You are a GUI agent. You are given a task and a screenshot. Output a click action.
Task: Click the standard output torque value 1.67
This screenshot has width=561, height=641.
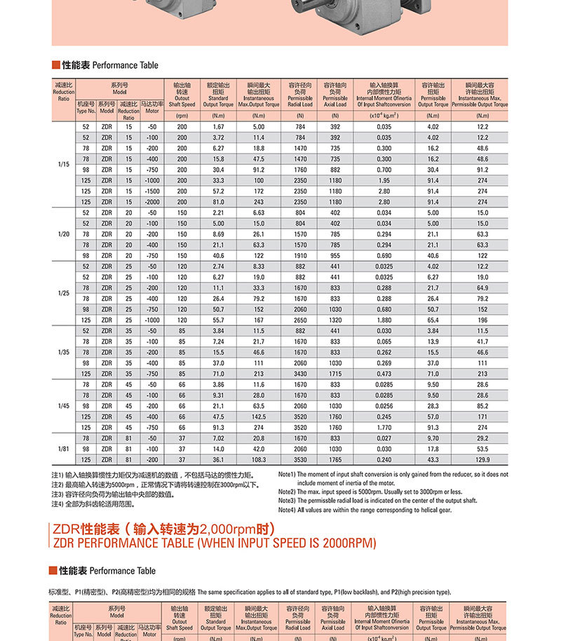(x=217, y=126)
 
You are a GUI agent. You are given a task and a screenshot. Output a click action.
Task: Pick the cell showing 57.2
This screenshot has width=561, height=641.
(x=217, y=191)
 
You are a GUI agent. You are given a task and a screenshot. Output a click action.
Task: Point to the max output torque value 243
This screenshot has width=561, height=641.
(x=259, y=202)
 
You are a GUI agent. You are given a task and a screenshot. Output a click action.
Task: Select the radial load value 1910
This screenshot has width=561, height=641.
(x=300, y=255)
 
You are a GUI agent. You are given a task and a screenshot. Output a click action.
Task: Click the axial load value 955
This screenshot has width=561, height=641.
(x=335, y=255)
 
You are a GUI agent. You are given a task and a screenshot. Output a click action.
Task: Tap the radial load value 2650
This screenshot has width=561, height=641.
(x=300, y=320)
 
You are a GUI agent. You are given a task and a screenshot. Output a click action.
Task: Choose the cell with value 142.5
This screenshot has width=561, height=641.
(x=259, y=417)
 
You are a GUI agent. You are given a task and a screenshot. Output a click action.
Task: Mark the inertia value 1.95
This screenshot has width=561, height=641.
(x=384, y=180)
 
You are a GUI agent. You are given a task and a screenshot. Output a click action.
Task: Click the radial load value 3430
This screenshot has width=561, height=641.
(x=300, y=374)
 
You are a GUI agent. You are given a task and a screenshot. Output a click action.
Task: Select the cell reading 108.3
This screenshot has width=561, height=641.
(x=259, y=459)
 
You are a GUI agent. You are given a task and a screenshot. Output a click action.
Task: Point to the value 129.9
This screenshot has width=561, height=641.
(x=482, y=459)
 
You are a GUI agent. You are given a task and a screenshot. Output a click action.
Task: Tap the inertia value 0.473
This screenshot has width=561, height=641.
(x=384, y=374)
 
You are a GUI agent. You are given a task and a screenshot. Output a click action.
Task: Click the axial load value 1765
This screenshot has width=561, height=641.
(x=335, y=459)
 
